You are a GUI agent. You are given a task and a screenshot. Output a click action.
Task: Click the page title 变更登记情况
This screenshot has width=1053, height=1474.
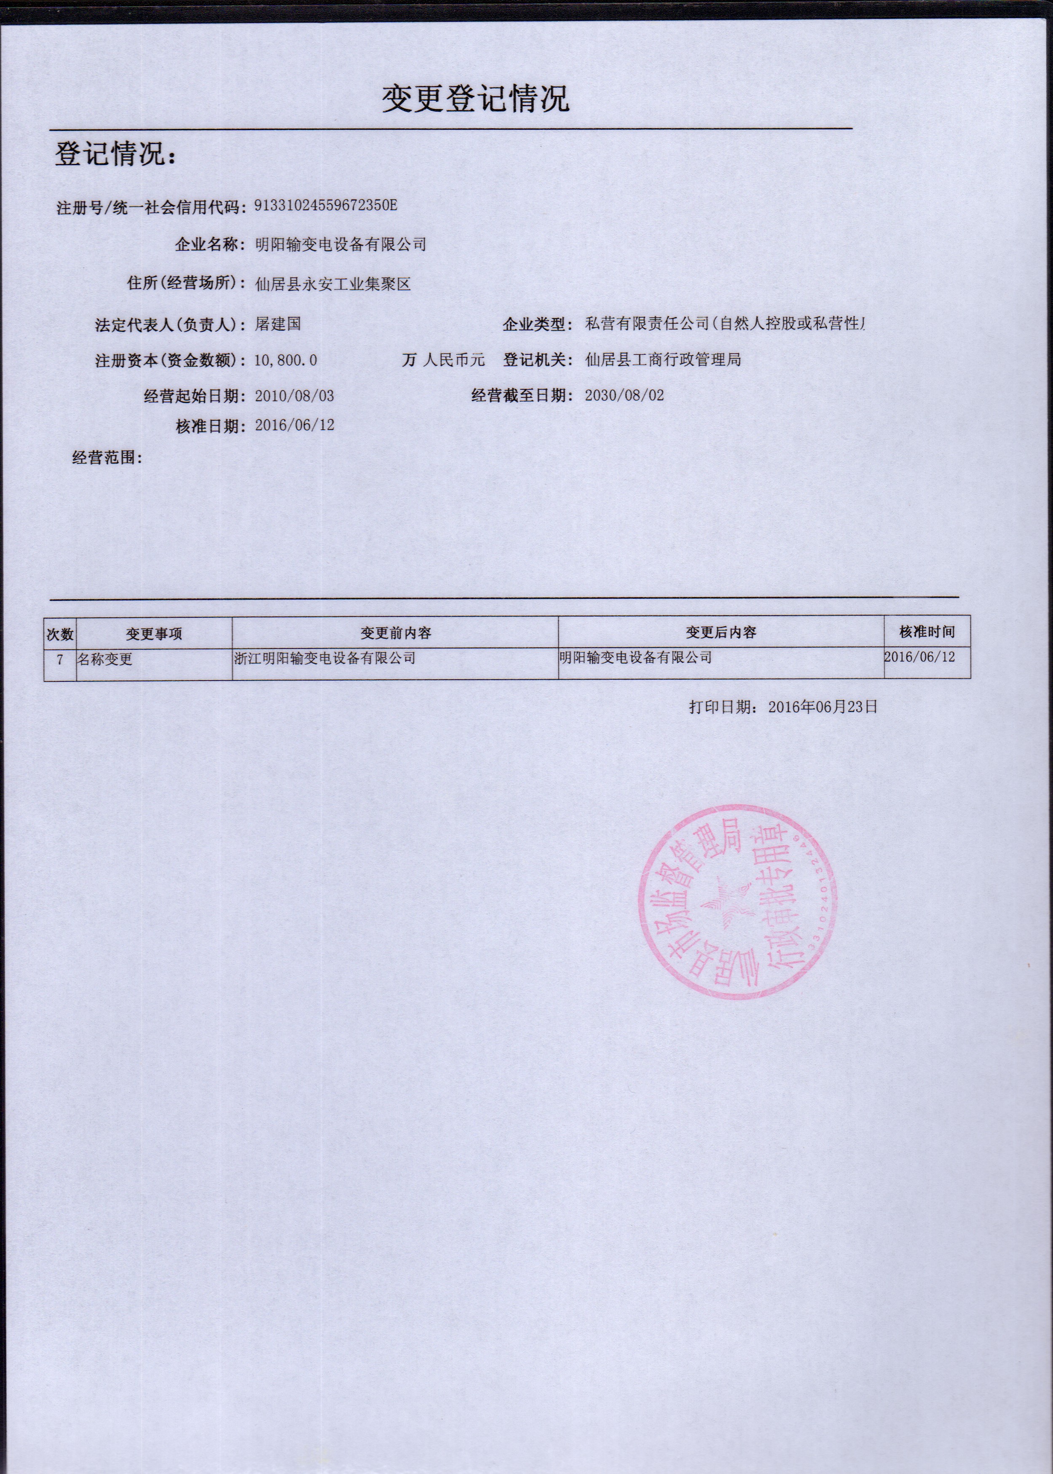tap(475, 99)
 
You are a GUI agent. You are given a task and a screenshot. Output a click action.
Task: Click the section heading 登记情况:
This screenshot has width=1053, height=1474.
tap(115, 154)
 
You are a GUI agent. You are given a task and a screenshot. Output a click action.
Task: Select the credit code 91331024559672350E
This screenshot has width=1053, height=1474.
tap(325, 206)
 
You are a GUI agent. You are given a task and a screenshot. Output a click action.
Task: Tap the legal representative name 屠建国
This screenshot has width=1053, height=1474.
tap(278, 324)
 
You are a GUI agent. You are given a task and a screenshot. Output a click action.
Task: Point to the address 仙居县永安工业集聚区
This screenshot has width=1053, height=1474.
tap(333, 284)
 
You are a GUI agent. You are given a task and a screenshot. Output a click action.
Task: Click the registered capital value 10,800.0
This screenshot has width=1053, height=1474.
tap(285, 360)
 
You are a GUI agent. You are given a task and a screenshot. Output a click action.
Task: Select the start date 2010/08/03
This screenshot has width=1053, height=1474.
tap(295, 396)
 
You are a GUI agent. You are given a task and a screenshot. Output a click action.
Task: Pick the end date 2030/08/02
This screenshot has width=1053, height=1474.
tap(624, 395)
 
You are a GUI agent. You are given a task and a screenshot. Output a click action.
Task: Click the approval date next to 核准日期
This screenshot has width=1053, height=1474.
tap(295, 426)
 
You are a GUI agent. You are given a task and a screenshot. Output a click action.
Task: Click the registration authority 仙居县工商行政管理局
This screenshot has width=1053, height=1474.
tap(663, 359)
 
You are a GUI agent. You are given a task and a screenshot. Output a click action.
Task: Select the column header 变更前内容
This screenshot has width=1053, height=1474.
tap(396, 632)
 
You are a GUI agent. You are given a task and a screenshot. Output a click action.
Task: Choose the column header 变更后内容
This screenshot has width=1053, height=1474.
tap(721, 632)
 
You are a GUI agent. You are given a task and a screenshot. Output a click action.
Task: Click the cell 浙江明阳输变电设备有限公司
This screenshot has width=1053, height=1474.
tap(325, 658)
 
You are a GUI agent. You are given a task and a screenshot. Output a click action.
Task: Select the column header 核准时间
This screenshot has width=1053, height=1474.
tap(927, 631)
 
